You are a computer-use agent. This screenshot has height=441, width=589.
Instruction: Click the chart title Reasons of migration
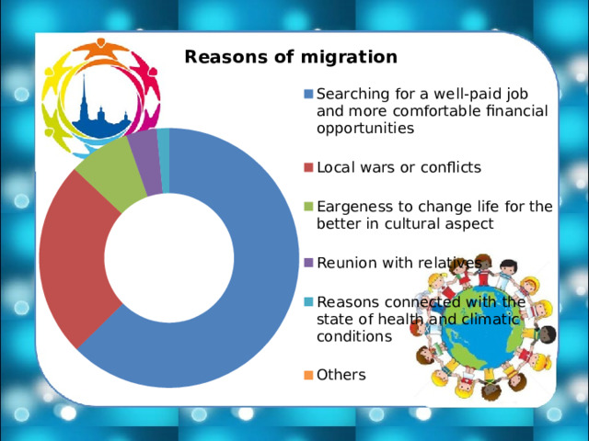click(291, 57)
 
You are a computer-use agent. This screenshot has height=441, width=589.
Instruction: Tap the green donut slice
click(112, 173)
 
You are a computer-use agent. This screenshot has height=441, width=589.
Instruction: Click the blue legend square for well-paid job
click(308, 94)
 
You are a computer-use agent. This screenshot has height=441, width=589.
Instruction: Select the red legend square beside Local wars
click(308, 167)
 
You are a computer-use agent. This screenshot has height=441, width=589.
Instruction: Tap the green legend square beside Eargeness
click(308, 206)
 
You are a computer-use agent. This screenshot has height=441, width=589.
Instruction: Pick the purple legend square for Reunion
click(308, 263)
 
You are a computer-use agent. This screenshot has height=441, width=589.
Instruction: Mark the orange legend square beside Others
click(308, 375)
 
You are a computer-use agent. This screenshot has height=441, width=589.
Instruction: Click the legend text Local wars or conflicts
click(398, 167)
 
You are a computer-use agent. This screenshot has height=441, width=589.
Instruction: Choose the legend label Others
click(341, 375)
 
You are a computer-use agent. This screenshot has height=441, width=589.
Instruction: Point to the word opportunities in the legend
click(365, 129)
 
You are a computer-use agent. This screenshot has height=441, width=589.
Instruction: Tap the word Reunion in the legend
click(345, 263)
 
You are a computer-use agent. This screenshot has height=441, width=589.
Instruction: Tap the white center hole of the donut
click(169, 258)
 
